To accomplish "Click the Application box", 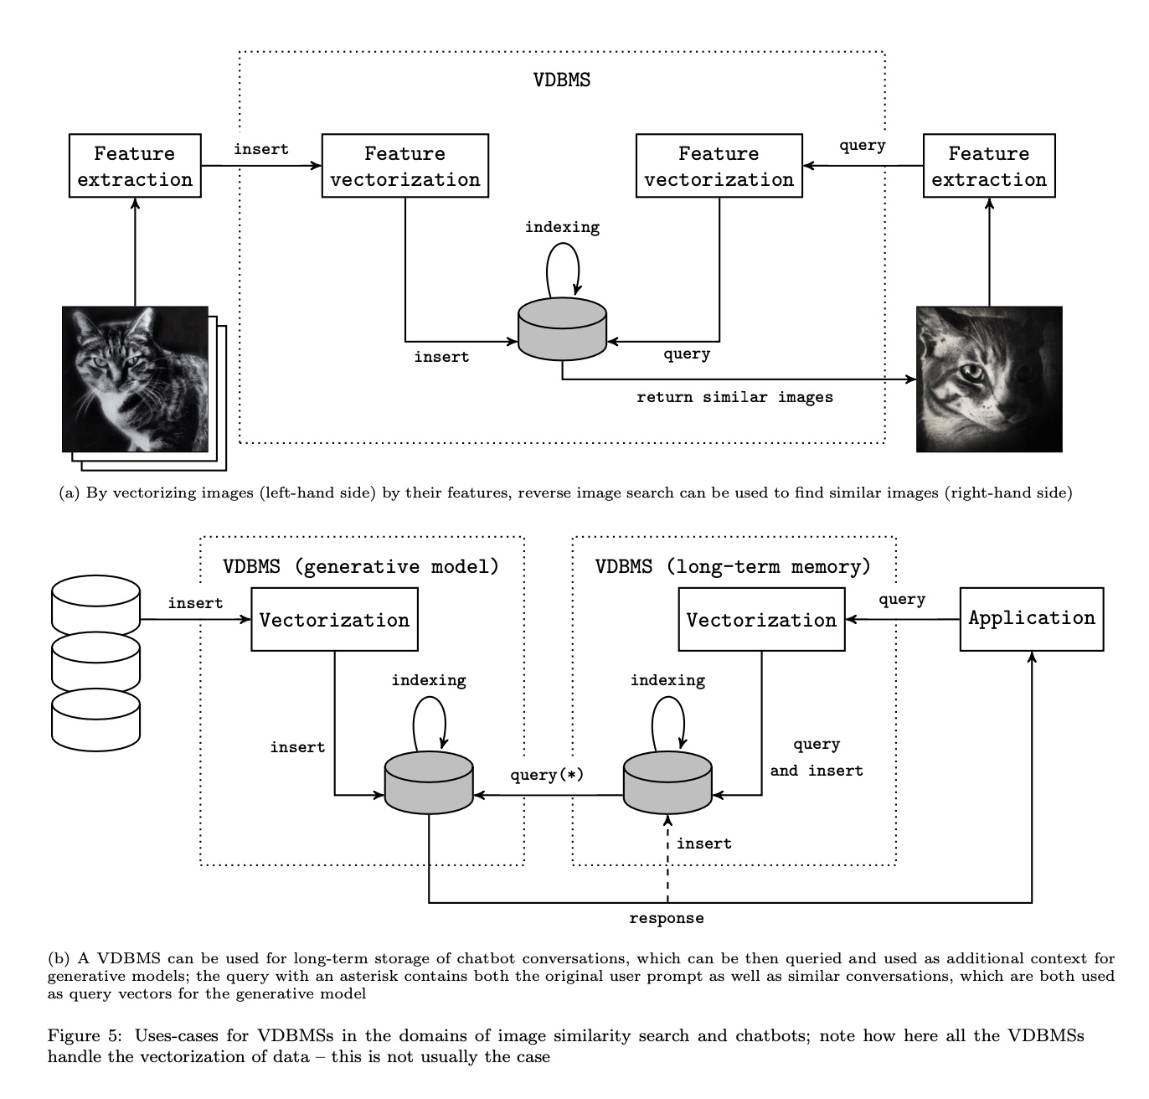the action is pyautogui.click(x=1032, y=619).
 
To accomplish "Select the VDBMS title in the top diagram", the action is pyautogui.click(x=561, y=80).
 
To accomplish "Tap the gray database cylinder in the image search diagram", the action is pyautogui.click(x=562, y=329).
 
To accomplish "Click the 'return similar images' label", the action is pyautogui.click(x=734, y=397).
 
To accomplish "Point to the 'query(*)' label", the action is pyautogui.click(x=547, y=774).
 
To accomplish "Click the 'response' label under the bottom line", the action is pyautogui.click(x=666, y=918).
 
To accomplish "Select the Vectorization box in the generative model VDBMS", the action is pyautogui.click(x=335, y=619).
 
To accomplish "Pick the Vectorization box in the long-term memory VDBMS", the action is pyautogui.click(x=761, y=619).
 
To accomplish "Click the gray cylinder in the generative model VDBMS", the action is pyautogui.click(x=429, y=782).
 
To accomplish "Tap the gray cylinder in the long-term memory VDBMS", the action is pyautogui.click(x=667, y=782).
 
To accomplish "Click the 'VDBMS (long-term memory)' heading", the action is pyautogui.click(x=733, y=566).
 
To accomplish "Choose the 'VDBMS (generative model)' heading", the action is pyautogui.click(x=361, y=566).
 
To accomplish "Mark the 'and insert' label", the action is pyautogui.click(x=817, y=771).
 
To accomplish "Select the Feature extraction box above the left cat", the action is pyautogui.click(x=135, y=165).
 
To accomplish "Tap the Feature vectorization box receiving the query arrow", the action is pyautogui.click(x=719, y=165).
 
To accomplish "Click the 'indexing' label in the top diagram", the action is pyautogui.click(x=562, y=227).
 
